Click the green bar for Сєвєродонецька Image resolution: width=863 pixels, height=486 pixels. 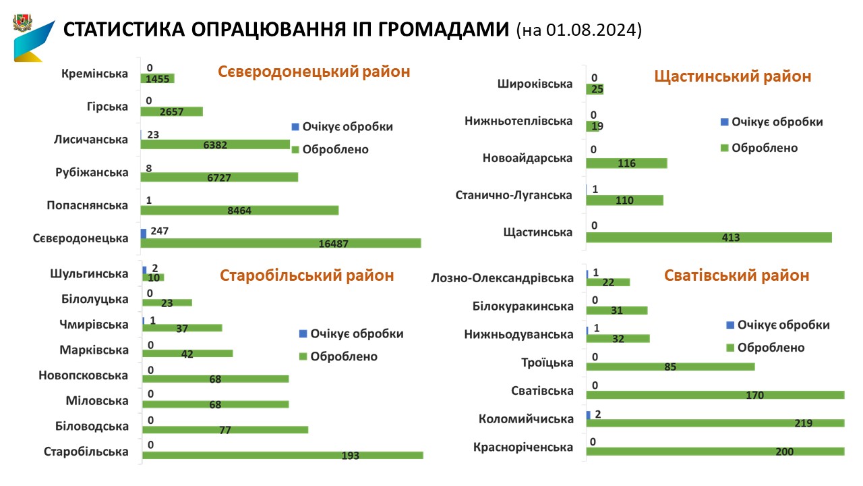pos(280,243)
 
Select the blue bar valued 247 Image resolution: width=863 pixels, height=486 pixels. pos(144,233)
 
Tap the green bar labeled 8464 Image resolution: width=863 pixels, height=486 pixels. pos(239,210)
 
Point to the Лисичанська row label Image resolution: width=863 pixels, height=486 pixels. pos(91,140)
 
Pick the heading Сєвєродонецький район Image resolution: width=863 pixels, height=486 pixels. pos(314,72)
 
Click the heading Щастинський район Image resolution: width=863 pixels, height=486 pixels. pos(733,76)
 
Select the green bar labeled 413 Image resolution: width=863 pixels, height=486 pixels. pos(709,238)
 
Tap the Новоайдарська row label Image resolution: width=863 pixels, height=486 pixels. pos(527,158)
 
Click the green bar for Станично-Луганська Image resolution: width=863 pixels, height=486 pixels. pos(625,200)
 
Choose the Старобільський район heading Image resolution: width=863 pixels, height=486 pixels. pos(307,275)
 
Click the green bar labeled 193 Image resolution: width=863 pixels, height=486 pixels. pos(282,455)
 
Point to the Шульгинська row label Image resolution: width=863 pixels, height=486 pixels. pos(89,273)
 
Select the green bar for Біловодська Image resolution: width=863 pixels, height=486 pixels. pos(225,429)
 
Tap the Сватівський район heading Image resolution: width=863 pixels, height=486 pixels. pos(736,275)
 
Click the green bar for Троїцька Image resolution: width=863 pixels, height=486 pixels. pos(670,367)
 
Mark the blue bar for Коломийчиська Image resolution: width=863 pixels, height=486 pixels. pos(589,414)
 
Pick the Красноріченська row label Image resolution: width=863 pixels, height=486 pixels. pos(523,447)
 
